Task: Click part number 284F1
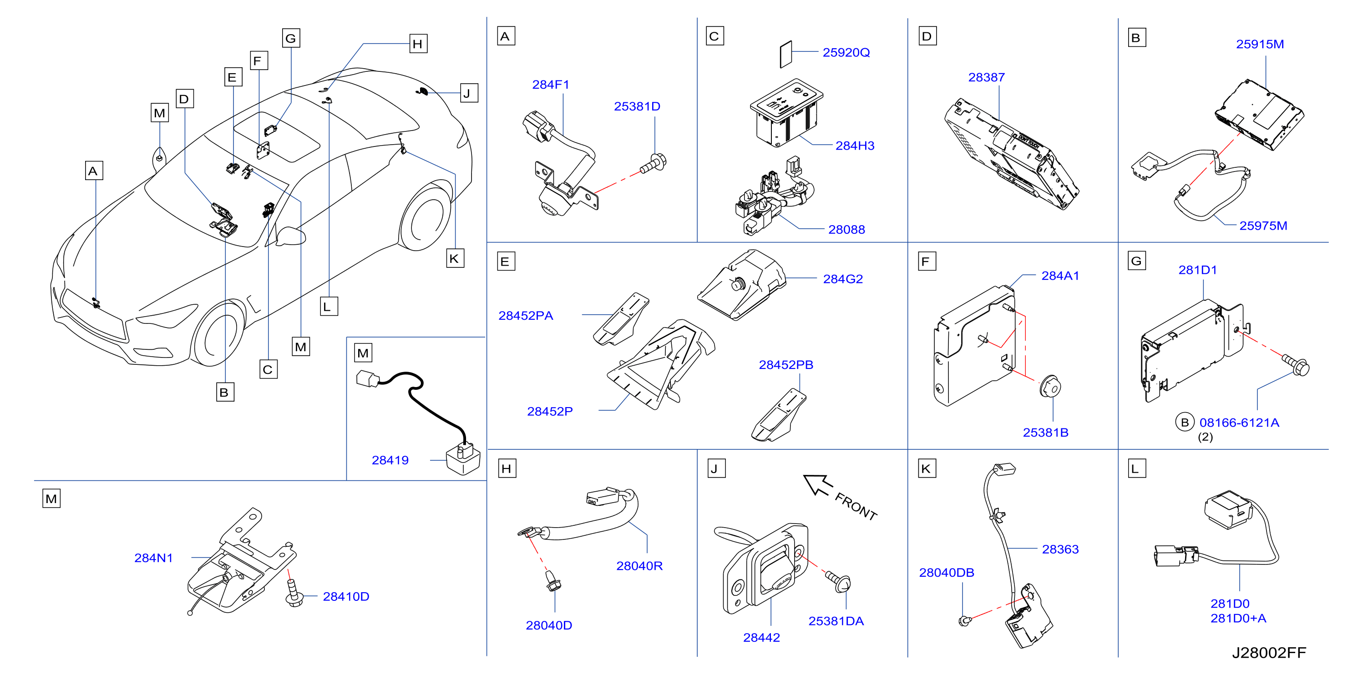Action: tap(550, 85)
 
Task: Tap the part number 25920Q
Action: tap(846, 52)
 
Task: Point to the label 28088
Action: tap(846, 230)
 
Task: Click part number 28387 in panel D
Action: tap(986, 77)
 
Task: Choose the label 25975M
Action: tap(1263, 226)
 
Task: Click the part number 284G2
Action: tap(843, 279)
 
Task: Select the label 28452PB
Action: tap(786, 365)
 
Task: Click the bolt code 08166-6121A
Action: tap(1239, 423)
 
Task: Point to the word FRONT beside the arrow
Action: tap(856, 506)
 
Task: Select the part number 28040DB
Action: tap(947, 573)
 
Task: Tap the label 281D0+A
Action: tap(1238, 619)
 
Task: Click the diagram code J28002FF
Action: tap(1269, 653)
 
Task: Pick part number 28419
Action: tap(390, 460)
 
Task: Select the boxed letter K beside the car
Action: tap(455, 259)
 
